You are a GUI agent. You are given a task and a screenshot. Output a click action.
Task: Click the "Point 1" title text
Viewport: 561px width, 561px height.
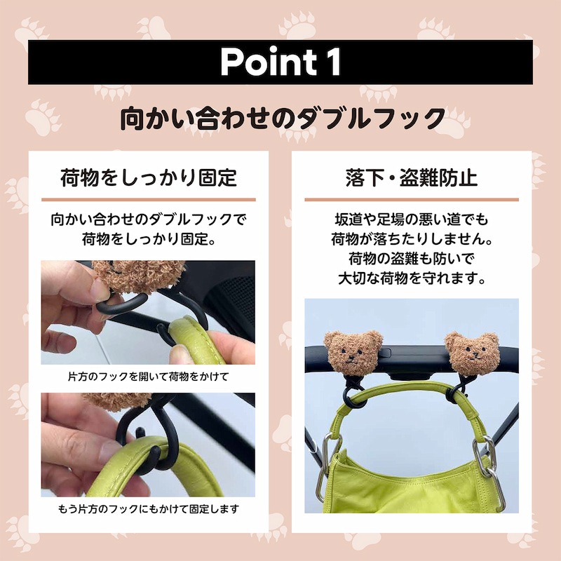point(280,62)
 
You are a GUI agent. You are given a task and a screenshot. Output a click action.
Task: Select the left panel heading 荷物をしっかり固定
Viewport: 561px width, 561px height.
point(149,177)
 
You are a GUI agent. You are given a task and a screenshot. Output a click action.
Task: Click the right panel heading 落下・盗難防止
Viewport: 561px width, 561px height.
point(412,177)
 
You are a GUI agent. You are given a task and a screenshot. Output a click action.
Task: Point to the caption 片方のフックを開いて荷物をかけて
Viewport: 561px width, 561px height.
point(148,377)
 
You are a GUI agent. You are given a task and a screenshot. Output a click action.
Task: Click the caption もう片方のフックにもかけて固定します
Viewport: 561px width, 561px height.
point(148,509)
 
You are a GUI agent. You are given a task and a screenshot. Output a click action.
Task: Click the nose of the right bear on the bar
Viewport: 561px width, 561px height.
point(475,355)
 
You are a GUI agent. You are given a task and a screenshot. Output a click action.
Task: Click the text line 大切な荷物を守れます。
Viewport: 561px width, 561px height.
point(412,278)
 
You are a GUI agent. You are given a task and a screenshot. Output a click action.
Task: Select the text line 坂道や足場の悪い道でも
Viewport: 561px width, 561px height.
point(412,219)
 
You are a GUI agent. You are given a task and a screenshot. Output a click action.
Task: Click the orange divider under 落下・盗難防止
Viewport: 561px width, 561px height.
point(412,200)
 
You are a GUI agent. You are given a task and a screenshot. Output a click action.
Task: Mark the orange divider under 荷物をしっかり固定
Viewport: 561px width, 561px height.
point(149,200)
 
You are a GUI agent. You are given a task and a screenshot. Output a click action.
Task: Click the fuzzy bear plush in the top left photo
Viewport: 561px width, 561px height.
point(137,276)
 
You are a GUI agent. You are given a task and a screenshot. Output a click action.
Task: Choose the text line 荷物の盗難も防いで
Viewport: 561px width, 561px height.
point(412,258)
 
